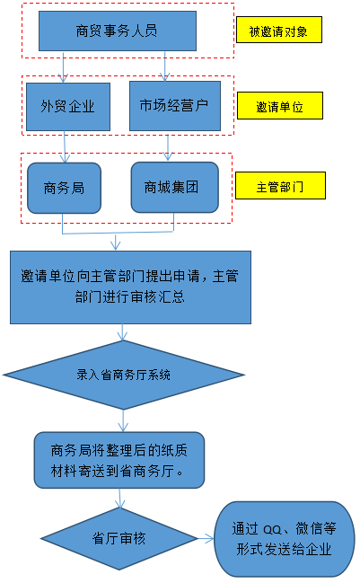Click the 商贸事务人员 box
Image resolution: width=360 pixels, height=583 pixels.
[118, 31]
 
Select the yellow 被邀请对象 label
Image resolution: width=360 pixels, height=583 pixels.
[279, 30]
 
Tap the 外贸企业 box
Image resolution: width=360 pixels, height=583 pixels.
[68, 107]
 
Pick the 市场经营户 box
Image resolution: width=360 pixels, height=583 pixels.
[174, 106]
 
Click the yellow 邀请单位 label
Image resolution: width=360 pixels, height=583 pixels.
[280, 106]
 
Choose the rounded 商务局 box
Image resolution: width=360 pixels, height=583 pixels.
[65, 188]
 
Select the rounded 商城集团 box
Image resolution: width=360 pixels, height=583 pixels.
[174, 188]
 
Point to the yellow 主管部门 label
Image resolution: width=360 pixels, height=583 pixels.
[280, 186]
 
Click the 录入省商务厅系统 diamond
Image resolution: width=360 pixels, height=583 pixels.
[123, 375]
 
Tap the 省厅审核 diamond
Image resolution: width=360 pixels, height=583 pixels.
[119, 538]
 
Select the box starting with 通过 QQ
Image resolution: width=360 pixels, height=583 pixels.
[285, 539]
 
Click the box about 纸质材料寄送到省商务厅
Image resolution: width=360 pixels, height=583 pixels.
[119, 460]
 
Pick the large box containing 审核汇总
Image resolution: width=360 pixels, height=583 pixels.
[130, 287]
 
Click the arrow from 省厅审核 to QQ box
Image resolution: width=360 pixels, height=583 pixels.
[206, 538]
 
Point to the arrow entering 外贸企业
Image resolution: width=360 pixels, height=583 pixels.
[64, 67]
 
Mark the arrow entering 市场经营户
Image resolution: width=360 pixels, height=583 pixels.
[165, 66]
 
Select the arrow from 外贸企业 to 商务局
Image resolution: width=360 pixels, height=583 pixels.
[65, 146]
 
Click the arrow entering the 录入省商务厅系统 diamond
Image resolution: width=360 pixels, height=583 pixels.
[122, 332]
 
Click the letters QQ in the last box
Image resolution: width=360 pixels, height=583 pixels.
[272, 529]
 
